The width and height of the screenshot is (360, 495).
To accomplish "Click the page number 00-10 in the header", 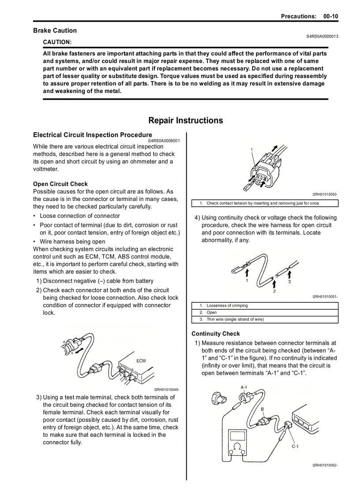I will (330, 16).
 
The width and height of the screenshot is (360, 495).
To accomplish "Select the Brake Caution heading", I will (55, 30).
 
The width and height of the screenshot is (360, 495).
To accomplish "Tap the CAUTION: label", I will (57, 42).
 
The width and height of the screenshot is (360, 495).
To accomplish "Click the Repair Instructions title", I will (185, 120).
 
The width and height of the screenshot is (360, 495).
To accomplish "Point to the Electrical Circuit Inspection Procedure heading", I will (93, 135).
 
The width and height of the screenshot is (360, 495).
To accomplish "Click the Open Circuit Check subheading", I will (60, 184).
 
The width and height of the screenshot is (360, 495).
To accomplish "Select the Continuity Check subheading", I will (216, 334).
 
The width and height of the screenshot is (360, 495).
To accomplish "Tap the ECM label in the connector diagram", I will (141, 361).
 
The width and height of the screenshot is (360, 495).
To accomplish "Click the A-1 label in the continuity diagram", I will (244, 387).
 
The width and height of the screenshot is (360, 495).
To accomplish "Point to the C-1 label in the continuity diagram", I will (295, 446).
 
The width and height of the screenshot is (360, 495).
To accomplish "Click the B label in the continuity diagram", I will (262, 409).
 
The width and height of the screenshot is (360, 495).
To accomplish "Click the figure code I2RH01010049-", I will (166, 389).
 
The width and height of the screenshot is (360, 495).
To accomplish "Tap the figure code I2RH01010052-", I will (325, 465).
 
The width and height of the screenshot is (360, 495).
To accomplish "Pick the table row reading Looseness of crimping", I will (265, 305).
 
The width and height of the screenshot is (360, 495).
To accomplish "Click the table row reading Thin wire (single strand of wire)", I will (265, 319).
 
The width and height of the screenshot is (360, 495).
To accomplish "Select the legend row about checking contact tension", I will (265, 203).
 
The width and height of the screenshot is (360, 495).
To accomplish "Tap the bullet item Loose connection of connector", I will (79, 216).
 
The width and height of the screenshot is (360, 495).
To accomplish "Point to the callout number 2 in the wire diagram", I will (274, 291).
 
